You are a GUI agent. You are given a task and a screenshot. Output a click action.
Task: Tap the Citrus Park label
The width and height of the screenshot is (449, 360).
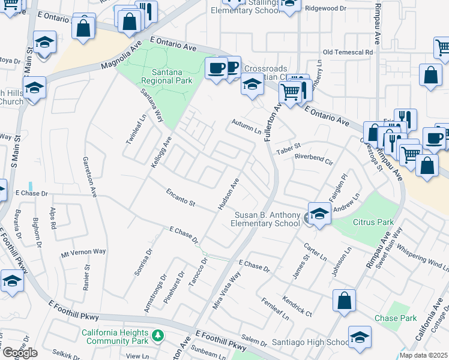tap(376, 222)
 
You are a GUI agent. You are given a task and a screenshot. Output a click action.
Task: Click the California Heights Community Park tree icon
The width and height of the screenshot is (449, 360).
tap(158, 335)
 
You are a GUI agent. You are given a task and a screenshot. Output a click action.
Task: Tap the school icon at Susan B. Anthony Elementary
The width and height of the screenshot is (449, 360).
tap(319, 215)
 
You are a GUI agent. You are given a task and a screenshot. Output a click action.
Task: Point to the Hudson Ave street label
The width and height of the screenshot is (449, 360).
tap(228, 194)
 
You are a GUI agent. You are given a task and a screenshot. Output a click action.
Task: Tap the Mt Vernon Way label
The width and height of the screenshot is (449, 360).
tap(83, 253)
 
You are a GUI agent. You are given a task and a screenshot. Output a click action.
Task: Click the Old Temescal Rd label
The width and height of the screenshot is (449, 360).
tap(348, 52)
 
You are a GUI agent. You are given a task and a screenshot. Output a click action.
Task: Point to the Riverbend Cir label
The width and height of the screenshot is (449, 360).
tap(313, 158)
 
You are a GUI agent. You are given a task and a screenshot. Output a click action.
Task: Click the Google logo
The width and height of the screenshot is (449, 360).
tap(19, 353)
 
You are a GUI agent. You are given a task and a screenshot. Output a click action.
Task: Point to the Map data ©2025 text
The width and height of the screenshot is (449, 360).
tap(423, 355)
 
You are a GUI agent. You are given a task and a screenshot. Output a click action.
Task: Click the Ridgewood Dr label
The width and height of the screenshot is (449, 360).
tap(325, 8)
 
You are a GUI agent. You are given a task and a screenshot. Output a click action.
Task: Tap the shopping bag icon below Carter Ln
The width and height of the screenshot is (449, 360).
tap(344, 301)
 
